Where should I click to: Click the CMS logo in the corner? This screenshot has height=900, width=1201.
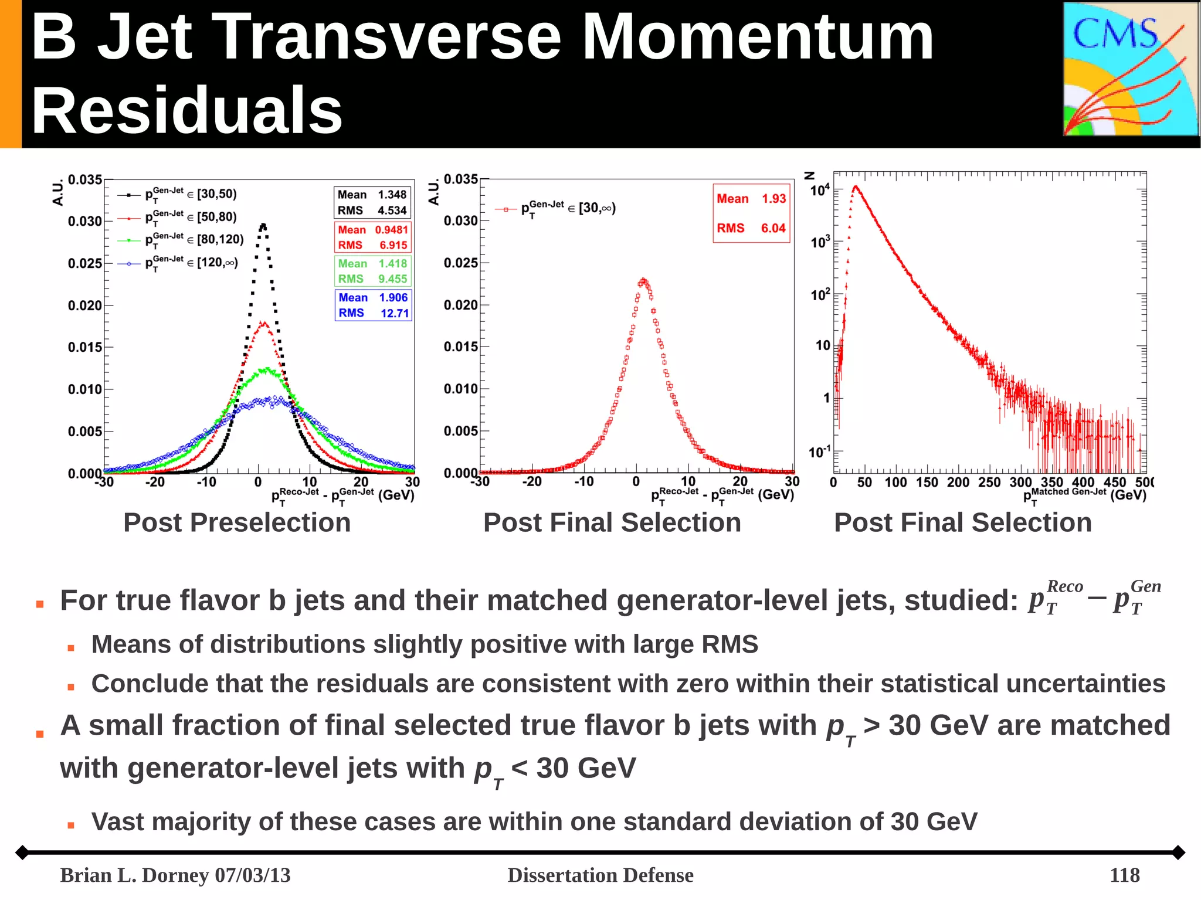(1130, 69)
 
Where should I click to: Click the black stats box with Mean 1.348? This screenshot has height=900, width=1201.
(372, 203)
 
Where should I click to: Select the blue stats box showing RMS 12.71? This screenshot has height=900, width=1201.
(373, 305)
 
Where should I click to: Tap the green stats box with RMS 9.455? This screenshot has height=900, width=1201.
(372, 271)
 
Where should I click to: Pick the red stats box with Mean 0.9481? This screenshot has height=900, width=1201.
(372, 237)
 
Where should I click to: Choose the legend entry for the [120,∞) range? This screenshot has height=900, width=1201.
(179, 263)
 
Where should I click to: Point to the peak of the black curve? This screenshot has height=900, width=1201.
(263, 225)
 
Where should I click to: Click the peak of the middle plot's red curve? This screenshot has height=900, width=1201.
(644, 281)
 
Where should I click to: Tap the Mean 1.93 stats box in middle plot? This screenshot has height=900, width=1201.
(751, 213)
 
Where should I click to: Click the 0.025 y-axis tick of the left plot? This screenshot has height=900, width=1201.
(85, 263)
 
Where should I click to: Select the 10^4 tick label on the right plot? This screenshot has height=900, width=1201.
(820, 190)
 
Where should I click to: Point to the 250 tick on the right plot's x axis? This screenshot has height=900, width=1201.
(989, 483)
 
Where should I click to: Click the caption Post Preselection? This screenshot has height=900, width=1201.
(237, 522)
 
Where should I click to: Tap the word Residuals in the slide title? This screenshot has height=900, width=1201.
(186, 110)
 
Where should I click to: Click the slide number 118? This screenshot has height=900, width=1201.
(1124, 875)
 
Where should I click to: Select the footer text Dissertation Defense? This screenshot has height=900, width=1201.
(600, 875)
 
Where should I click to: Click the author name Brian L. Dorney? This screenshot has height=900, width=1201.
(135, 875)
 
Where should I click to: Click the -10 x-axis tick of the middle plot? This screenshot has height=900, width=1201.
(583, 482)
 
